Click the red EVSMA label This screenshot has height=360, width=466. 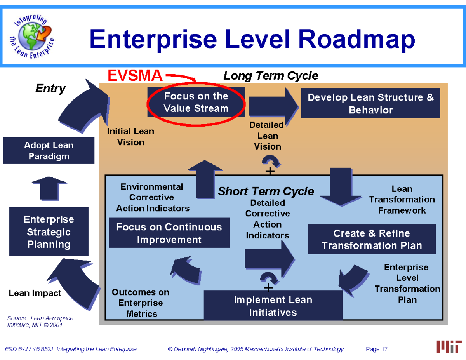135,76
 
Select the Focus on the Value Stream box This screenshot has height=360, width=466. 196,102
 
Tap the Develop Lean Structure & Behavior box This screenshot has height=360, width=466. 370,103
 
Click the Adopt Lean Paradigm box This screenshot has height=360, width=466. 49,151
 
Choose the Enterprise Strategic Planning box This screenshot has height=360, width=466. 49,232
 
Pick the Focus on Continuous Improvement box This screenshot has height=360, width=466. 169,233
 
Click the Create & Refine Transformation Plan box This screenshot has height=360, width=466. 372,239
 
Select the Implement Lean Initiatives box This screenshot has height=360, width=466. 273,306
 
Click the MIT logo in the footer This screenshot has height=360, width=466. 449,346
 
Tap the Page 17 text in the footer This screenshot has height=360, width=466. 377,349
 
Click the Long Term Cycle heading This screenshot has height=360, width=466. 271,76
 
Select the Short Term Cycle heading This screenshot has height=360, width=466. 266,191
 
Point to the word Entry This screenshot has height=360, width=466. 50,89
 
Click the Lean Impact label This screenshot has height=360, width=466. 35,293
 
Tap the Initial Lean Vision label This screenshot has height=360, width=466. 130,137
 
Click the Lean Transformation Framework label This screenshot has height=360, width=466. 402,200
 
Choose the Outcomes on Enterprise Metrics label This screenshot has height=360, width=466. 141,303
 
